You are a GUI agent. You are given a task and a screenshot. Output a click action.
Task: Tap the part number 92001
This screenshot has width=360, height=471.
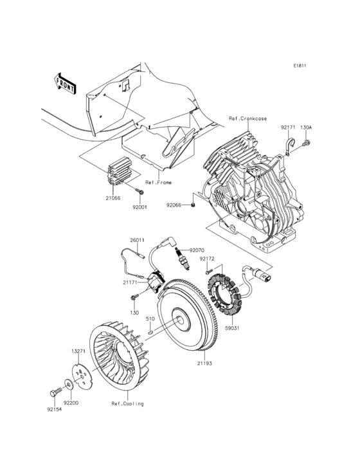pyautogui.click(x=139, y=207)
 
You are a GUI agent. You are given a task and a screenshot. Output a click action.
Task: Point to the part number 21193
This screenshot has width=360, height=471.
pyautogui.click(x=204, y=364)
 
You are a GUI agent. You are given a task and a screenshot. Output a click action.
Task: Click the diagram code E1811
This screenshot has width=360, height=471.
pyautogui.click(x=300, y=66)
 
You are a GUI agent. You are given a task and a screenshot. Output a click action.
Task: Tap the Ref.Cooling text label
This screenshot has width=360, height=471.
pyautogui.click(x=127, y=403)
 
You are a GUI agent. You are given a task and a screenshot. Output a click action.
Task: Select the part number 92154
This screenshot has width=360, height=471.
pyautogui.click(x=55, y=408)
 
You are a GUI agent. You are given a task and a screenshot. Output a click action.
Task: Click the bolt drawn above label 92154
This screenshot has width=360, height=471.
pyautogui.click(x=53, y=392)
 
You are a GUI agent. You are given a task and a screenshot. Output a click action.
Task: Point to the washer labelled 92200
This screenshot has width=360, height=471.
pyautogui.click(x=69, y=385)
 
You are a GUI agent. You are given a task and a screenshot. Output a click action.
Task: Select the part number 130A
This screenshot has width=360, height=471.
pyautogui.click(x=306, y=127)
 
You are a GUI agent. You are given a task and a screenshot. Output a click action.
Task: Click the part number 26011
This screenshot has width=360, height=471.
pyautogui.click(x=137, y=240)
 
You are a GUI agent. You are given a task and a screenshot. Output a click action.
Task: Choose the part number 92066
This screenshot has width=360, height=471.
pyautogui.click(x=174, y=205)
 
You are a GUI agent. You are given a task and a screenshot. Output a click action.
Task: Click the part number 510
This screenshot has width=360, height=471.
pyautogui.click(x=150, y=318)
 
